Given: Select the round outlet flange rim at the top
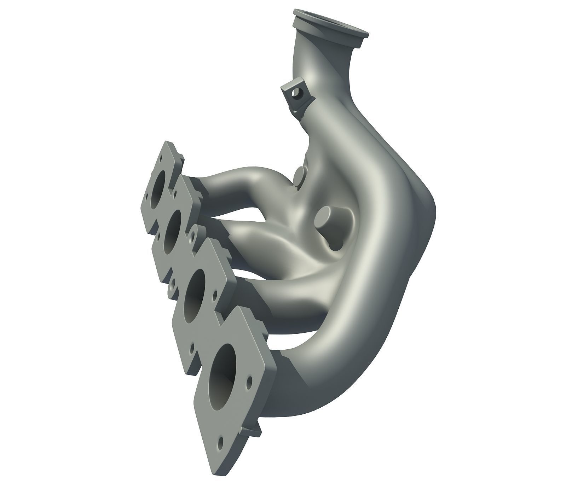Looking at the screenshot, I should [331, 27].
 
